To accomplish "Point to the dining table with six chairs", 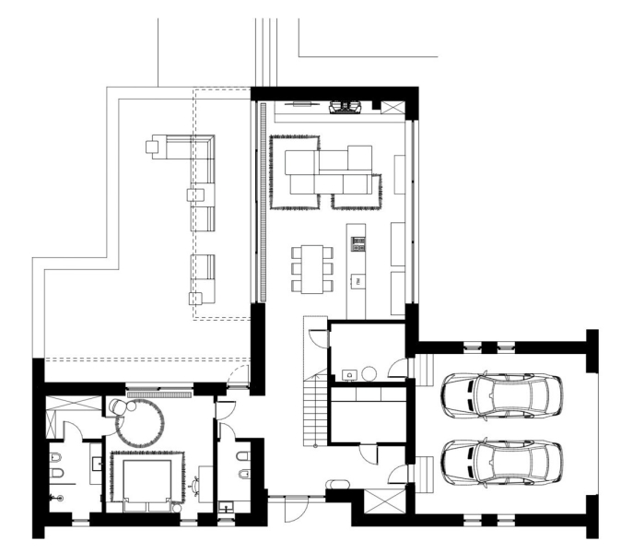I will tap(310, 268).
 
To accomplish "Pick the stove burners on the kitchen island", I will tap(357, 244).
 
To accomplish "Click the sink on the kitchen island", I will tap(357, 278).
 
